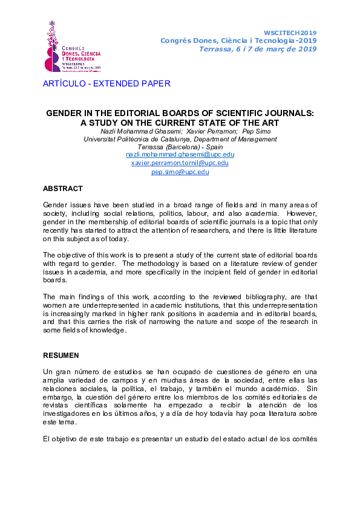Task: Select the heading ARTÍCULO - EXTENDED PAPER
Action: [x=106, y=84]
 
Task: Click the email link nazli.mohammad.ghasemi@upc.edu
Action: [x=180, y=154]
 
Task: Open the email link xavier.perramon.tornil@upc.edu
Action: [x=180, y=163]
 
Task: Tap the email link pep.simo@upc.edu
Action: [x=180, y=172]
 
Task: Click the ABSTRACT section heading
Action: [x=63, y=189]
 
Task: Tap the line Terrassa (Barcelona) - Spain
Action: [x=180, y=146]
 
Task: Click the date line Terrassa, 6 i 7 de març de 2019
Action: [x=258, y=49]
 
